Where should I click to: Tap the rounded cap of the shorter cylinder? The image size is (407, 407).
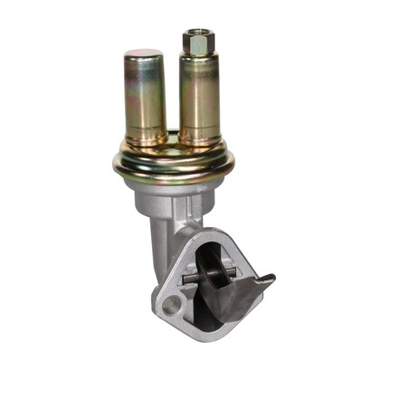point(143,58)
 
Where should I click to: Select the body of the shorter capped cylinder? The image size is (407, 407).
point(143,99)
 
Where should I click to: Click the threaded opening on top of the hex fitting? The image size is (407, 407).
point(197,33)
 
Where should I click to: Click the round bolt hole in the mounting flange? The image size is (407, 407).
point(173,300)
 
